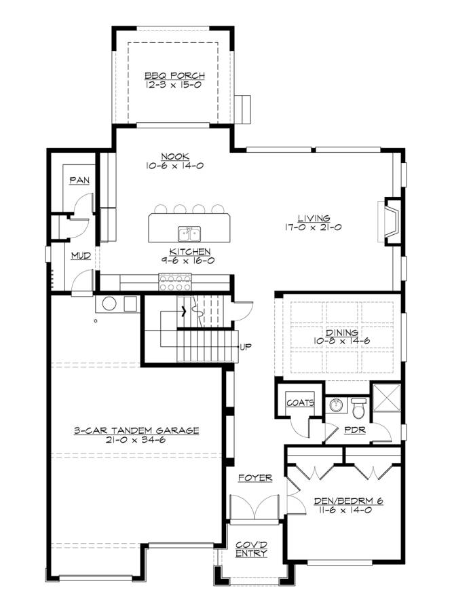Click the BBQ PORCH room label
174,75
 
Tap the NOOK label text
175,156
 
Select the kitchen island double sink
189,234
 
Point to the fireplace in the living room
391,222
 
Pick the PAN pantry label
79,181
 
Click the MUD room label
81,256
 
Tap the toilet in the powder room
358,407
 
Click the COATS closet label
300,403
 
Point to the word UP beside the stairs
246,346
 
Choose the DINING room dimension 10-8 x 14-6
342,341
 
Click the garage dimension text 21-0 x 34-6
136,440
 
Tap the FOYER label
255,478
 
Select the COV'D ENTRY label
251,549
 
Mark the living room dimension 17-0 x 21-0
314,227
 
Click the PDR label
355,430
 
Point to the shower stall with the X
387,397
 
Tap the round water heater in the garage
109,303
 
